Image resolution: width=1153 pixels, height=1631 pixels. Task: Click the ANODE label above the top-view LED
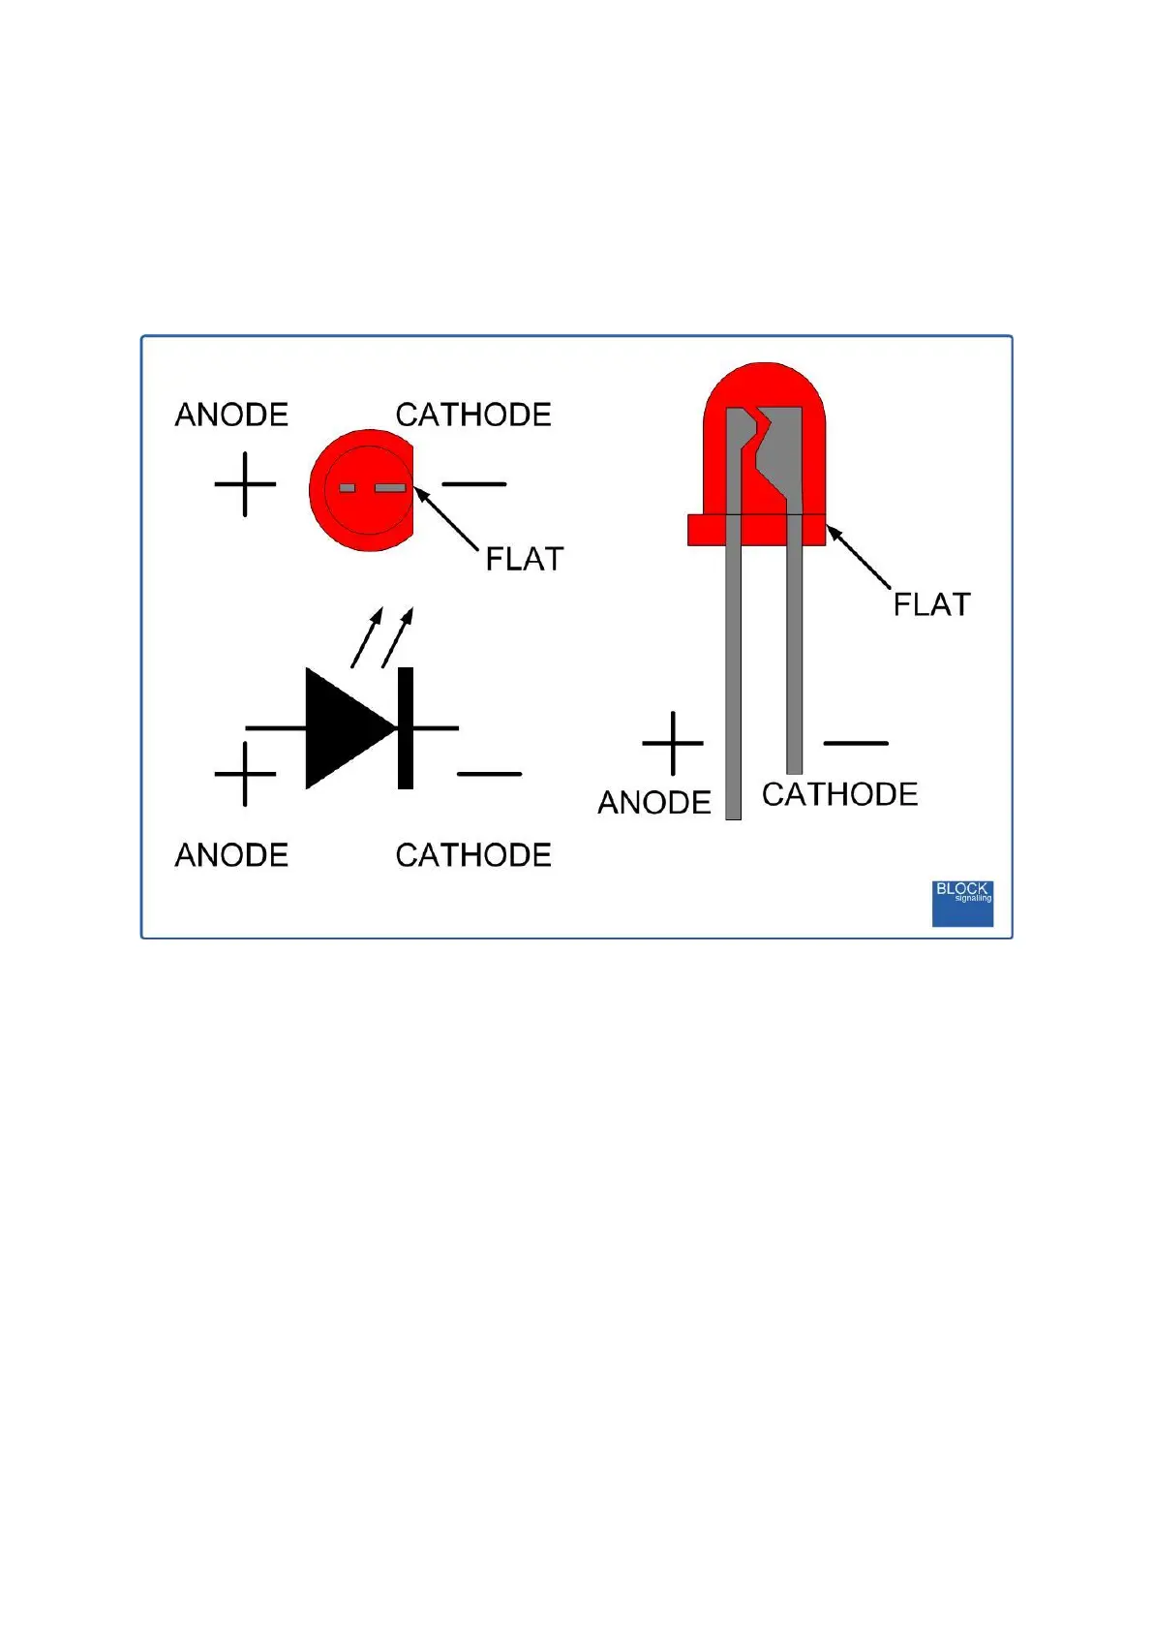tap(231, 415)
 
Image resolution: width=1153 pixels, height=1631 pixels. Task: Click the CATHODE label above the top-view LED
tap(473, 415)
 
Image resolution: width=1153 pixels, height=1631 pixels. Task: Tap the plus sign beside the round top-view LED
tap(245, 484)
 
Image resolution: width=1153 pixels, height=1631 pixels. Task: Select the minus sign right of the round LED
tap(474, 484)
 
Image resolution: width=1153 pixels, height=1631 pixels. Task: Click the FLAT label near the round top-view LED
tap(524, 559)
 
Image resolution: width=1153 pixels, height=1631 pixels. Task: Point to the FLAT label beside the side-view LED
tap(931, 604)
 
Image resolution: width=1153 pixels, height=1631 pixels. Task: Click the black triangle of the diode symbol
tap(344, 727)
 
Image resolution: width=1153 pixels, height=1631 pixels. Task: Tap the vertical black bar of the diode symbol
tap(406, 727)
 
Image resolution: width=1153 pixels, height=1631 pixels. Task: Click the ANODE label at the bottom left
tap(231, 855)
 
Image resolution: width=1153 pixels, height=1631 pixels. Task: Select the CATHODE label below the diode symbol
tap(473, 855)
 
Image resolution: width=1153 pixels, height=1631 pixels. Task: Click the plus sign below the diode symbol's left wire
tap(245, 774)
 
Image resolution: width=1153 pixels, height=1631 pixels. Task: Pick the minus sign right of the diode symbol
tap(489, 774)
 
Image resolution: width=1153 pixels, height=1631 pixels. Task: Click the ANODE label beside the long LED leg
tap(654, 802)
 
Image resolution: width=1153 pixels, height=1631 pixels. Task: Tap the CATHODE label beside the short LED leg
tap(839, 794)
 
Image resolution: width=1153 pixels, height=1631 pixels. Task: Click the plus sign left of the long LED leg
tap(673, 743)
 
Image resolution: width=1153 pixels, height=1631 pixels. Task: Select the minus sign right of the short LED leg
tap(856, 743)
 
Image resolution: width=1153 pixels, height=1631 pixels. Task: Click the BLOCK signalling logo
tap(962, 903)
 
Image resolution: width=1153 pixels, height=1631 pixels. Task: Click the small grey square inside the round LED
tap(347, 487)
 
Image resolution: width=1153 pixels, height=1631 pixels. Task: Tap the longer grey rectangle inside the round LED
tap(390, 487)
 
